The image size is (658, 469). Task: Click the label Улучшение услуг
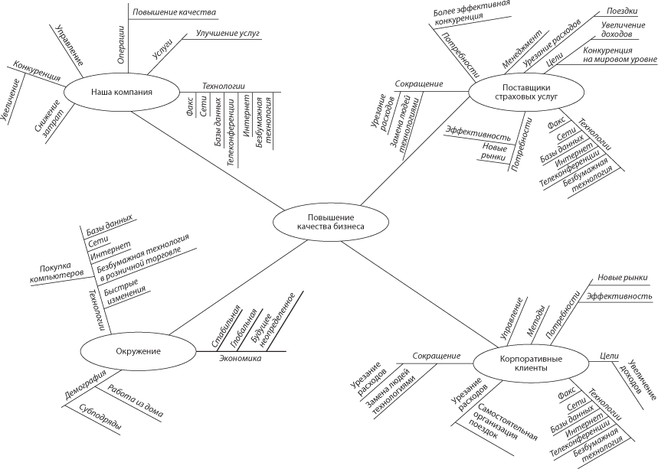coord(228,34)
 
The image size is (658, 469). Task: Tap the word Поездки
coord(621,12)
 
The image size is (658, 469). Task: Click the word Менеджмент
coord(523,49)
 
